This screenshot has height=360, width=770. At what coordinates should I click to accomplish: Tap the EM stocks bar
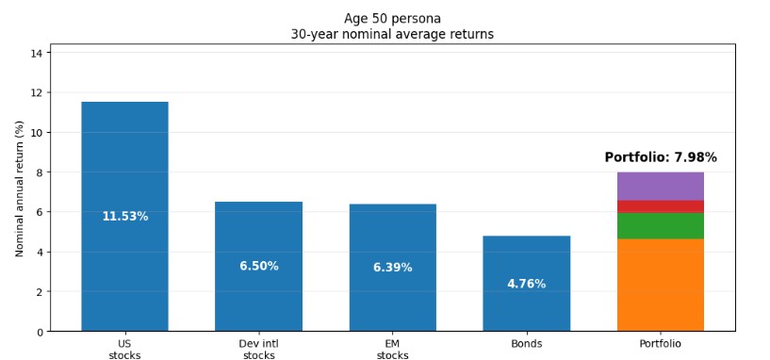[x=392, y=236]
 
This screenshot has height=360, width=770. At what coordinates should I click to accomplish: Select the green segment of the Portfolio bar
[x=660, y=225]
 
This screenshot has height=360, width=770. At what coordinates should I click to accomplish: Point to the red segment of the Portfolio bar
[x=660, y=206]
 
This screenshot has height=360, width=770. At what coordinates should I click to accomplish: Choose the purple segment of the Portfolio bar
[x=660, y=186]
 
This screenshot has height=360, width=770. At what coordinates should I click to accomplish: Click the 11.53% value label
[x=124, y=217]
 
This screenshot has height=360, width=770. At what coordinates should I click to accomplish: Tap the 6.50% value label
[x=258, y=267]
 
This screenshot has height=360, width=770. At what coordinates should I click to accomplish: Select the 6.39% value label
[x=392, y=268]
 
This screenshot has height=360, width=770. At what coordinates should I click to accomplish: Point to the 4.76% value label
[x=526, y=284]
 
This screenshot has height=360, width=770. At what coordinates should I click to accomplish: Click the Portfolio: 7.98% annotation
[x=660, y=157]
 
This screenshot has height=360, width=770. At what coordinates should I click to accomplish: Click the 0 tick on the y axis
[x=39, y=332]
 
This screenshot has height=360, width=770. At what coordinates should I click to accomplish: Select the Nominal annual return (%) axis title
[x=20, y=188]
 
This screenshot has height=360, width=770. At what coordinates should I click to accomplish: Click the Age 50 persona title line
[x=392, y=18]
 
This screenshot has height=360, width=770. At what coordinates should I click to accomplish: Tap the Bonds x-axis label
[x=526, y=344]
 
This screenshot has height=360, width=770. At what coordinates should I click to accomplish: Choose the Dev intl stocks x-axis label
[x=258, y=350]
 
